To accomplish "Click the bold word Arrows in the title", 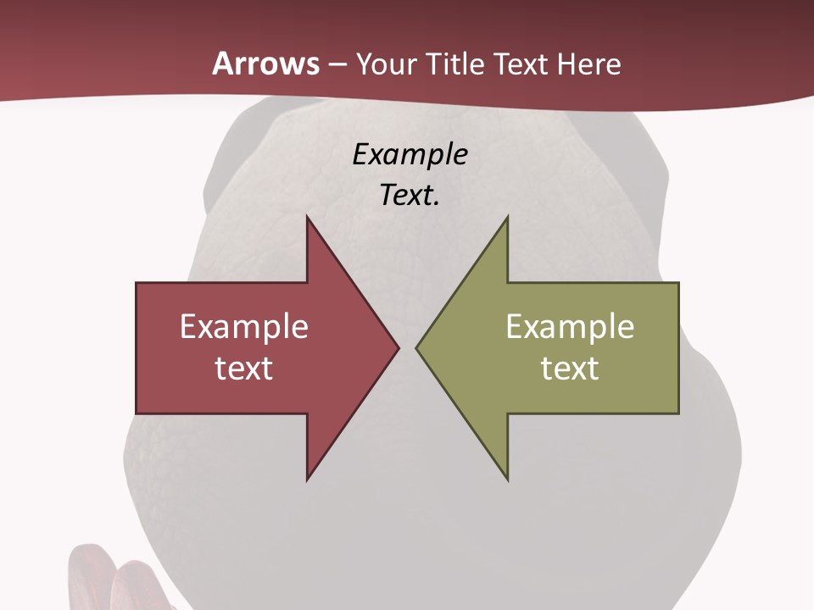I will click(x=265, y=64).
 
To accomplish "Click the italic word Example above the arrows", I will click(x=410, y=154).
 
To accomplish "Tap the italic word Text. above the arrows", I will click(x=410, y=196).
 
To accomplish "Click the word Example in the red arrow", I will click(x=244, y=327).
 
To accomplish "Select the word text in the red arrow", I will click(x=244, y=368).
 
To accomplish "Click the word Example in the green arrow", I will click(x=570, y=327).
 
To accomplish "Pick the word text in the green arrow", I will click(x=570, y=368).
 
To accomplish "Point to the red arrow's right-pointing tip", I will click(x=398, y=347).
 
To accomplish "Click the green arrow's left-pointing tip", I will click(x=417, y=347).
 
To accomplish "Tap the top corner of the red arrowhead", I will click(x=307, y=217).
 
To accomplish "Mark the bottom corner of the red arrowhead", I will click(x=307, y=480).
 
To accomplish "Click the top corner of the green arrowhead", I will click(x=507, y=217).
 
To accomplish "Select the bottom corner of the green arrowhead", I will click(x=507, y=480).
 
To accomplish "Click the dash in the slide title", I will click(x=337, y=64).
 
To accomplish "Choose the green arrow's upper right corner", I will click(x=678, y=283).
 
